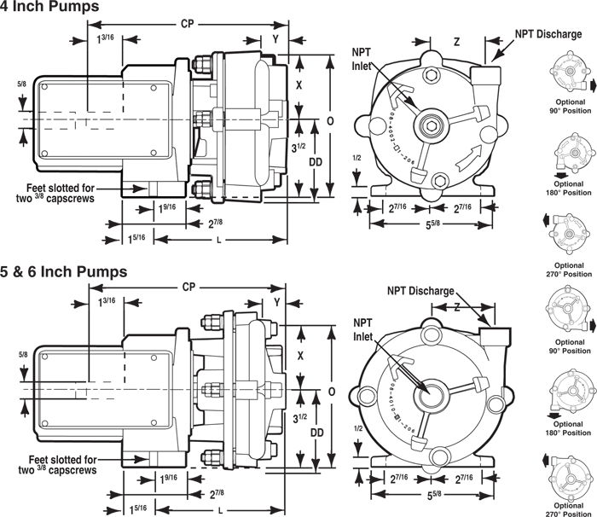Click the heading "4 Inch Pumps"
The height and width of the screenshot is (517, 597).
[49, 8]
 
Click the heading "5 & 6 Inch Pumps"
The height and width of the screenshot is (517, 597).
[64, 272]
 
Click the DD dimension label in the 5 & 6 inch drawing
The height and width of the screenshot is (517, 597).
[316, 433]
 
